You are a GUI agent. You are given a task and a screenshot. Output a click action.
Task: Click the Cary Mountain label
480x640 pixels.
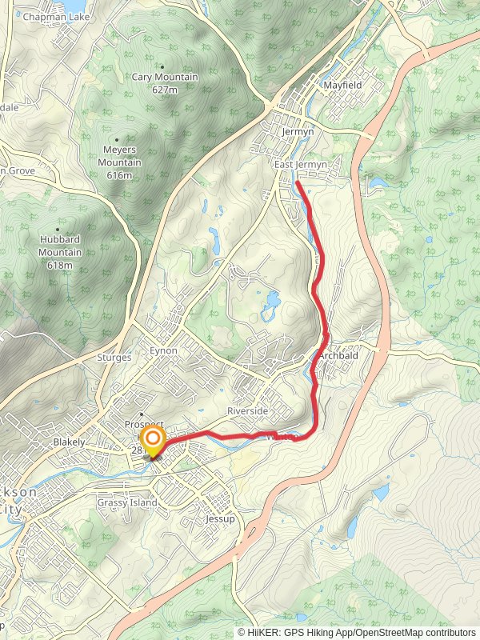(165, 78)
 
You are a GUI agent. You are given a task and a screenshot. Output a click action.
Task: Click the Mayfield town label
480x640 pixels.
(342, 85)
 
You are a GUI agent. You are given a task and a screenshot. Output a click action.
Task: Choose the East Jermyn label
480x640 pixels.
(301, 165)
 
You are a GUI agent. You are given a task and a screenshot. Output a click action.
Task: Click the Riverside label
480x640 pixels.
(247, 410)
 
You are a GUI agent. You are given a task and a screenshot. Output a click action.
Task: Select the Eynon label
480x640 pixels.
(162, 351)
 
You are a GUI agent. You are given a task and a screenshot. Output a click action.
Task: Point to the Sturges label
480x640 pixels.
(114, 358)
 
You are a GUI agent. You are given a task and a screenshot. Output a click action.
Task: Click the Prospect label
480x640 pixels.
(144, 424)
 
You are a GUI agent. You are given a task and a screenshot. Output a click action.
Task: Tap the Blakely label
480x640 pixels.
(69, 442)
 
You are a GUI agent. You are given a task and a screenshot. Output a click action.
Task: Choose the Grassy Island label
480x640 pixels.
(127, 502)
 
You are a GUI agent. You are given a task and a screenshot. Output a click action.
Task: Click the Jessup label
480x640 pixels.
(221, 518)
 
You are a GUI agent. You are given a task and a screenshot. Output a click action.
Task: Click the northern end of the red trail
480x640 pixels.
(298, 183)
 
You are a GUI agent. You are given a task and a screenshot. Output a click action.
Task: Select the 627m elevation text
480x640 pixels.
(164, 90)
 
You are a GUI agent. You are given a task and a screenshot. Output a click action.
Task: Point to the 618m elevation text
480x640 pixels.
(60, 265)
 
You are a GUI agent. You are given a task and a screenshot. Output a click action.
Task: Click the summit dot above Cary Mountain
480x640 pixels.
(163, 67)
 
